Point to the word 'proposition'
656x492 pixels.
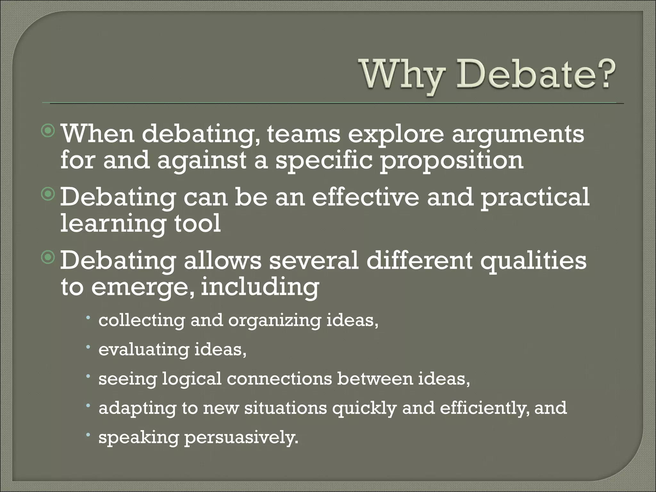click(452, 161)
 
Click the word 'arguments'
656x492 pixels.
click(518, 135)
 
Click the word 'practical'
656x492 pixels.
click(535, 198)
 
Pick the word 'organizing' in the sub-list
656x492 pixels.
click(274, 321)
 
